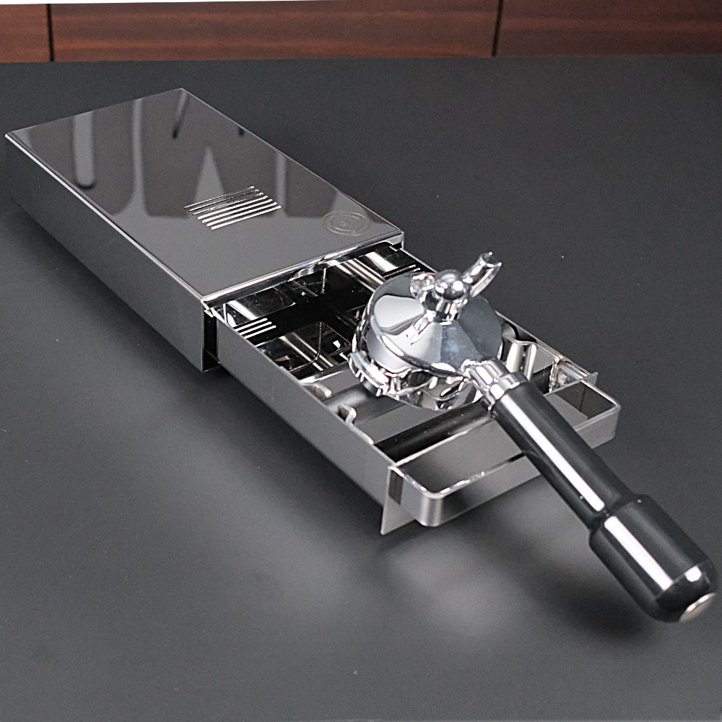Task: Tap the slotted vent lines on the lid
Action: tap(232, 207)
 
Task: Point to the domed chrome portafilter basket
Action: tap(426, 325)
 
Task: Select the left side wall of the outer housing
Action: tap(101, 238)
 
